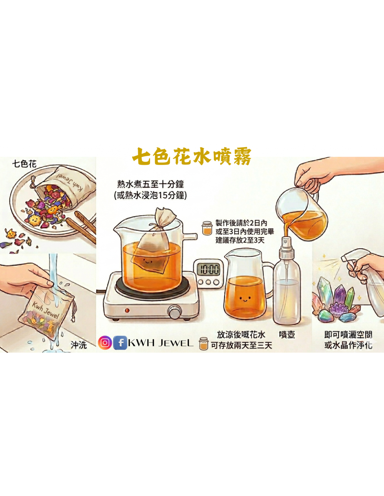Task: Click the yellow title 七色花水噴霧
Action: coord(192,156)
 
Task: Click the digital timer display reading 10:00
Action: coord(208,269)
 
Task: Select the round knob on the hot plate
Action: coord(175,311)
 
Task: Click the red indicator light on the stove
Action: coord(127,310)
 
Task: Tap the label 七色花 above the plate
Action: coord(24,164)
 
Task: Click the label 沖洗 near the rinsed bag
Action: coord(79,345)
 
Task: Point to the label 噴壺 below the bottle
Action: coord(287,335)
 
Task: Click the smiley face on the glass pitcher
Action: coord(245,299)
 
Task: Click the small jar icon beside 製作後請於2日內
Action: coord(207,228)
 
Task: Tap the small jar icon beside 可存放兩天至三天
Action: coord(203,344)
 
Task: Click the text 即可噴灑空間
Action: coord(348,335)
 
